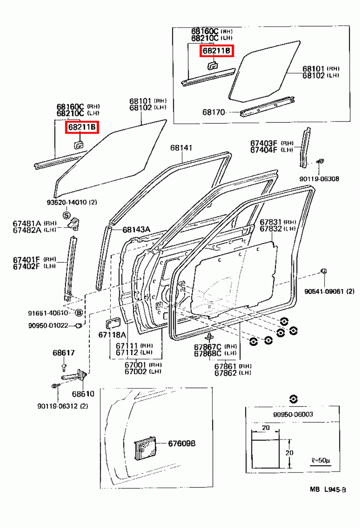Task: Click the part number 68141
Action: pyautogui.click(x=181, y=148)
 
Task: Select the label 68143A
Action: pyautogui.click(x=136, y=229)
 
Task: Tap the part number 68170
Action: pyautogui.click(x=213, y=113)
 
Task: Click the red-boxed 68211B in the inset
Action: pyautogui.click(x=217, y=51)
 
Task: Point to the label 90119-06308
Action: pyautogui.click(x=319, y=179)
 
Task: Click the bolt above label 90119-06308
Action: pyautogui.click(x=320, y=162)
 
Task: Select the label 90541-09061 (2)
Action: pyautogui.click(x=329, y=291)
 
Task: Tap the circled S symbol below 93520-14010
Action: pyautogui.click(x=67, y=215)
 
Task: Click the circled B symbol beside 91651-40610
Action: pyautogui.click(x=79, y=313)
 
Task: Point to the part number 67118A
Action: pyautogui.click(x=112, y=335)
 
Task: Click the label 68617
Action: pyautogui.click(x=63, y=353)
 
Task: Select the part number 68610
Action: pyautogui.click(x=83, y=394)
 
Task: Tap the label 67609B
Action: pyautogui.click(x=182, y=444)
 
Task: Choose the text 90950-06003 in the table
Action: pyautogui.click(x=293, y=414)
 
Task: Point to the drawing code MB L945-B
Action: pyautogui.click(x=328, y=490)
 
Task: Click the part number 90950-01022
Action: pyautogui.click(x=48, y=326)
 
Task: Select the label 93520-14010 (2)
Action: pyautogui.click(x=72, y=202)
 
